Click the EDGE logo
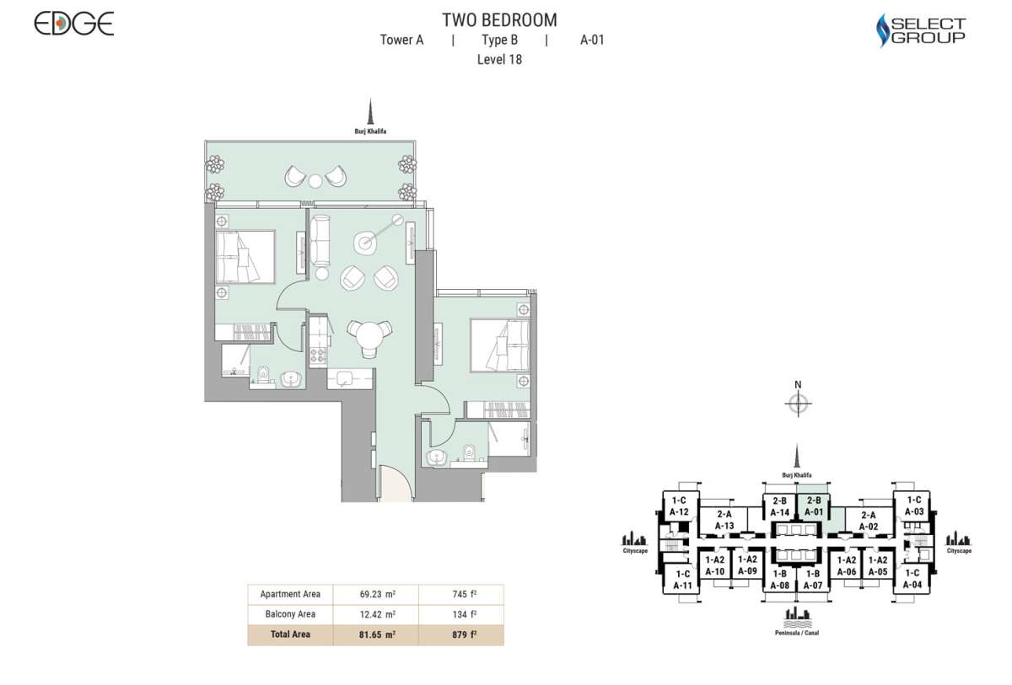74,24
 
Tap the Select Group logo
921,30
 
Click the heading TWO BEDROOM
499,20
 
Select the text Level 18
499,59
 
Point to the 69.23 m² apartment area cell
375,593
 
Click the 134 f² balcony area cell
460,614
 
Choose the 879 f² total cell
460,634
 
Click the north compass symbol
797,404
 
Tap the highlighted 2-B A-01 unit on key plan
814,506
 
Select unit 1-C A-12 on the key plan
680,506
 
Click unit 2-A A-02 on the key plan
868,522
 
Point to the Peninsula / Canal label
797,632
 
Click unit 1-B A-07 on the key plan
813,580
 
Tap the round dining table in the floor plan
369,336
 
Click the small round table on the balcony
315,179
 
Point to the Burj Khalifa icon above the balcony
369,113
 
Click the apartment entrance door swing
394,484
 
